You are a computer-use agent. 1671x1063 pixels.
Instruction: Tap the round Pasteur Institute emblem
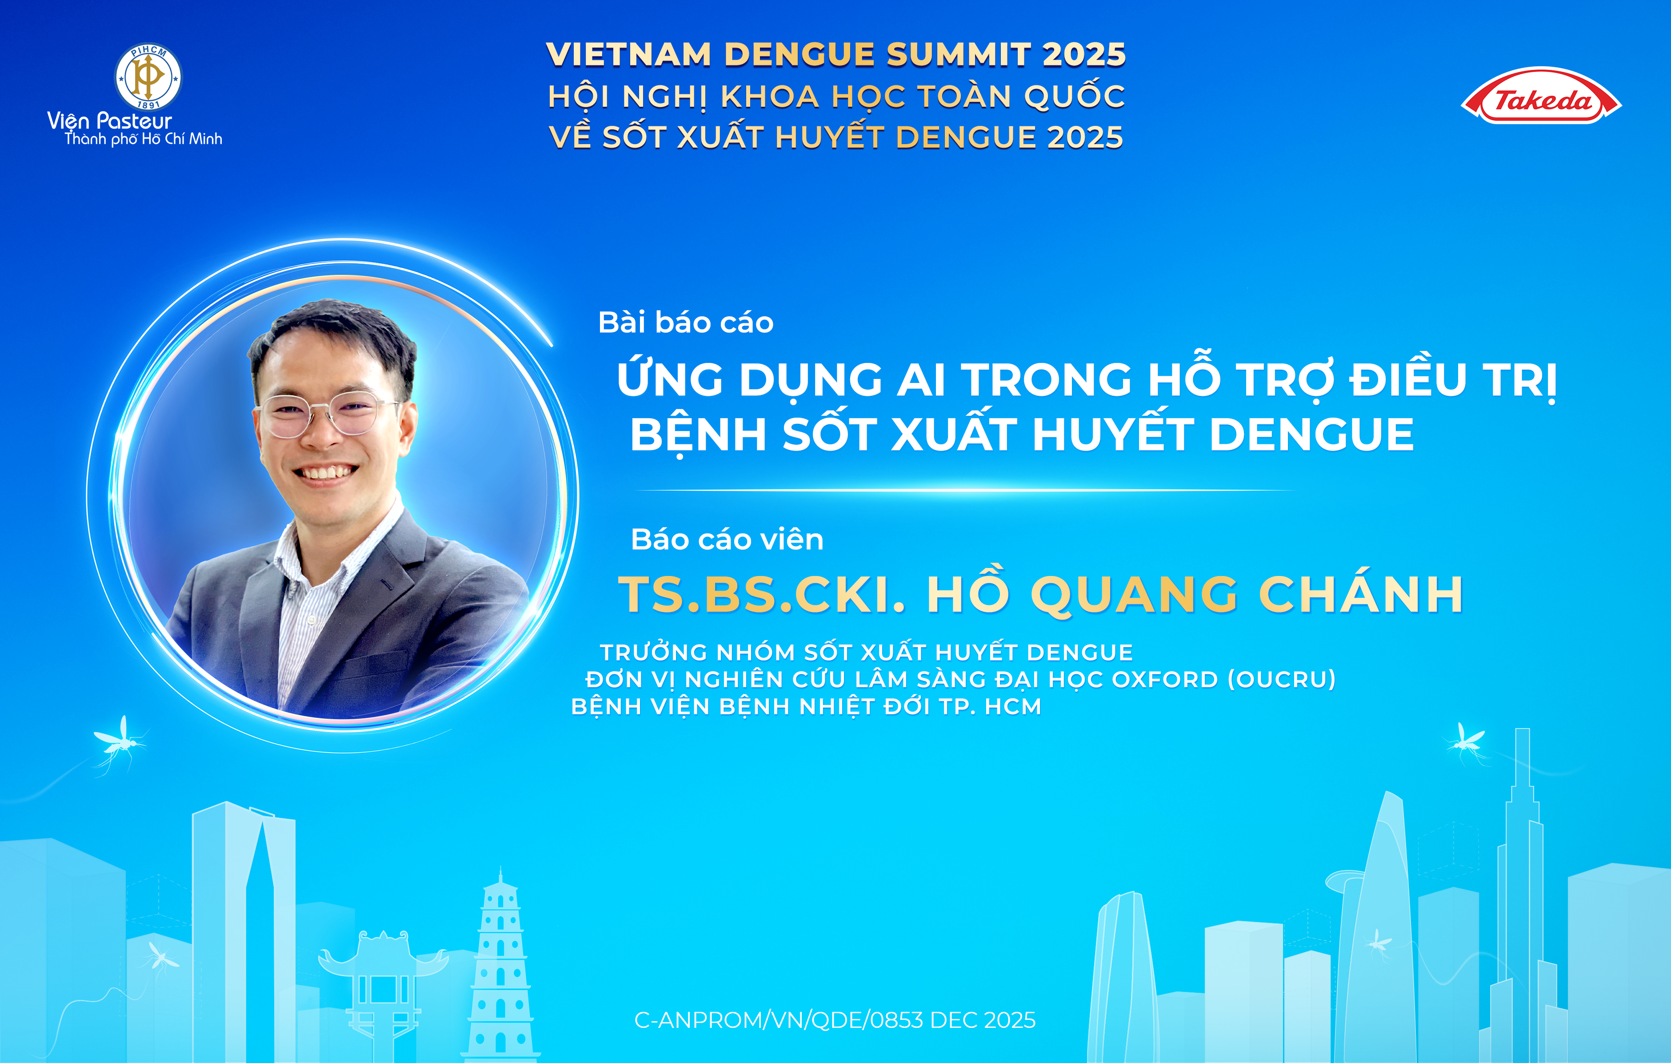(148, 77)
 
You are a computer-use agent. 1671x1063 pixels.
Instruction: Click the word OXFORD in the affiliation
(1165, 679)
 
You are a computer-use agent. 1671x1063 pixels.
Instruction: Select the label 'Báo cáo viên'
(727, 540)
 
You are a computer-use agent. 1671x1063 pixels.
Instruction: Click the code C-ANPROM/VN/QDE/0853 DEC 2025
(835, 1020)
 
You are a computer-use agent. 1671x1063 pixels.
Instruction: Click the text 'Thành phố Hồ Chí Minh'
(144, 139)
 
